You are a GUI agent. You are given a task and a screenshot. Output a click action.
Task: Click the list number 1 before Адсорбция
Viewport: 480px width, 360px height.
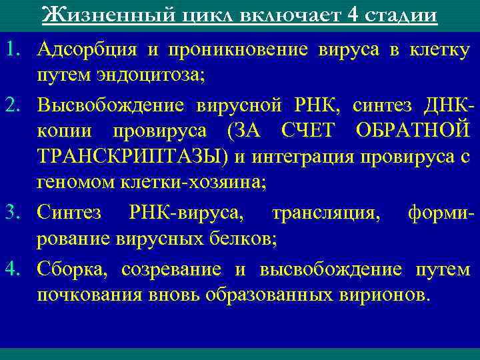(12, 49)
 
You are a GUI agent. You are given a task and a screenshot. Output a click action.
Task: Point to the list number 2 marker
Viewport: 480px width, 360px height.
(12, 106)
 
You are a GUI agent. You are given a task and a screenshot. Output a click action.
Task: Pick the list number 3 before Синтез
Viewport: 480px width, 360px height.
(12, 213)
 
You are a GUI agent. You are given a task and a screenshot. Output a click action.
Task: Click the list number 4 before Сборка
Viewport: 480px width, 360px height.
(12, 269)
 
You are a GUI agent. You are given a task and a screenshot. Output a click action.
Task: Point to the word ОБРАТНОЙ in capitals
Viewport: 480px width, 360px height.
(413, 129)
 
